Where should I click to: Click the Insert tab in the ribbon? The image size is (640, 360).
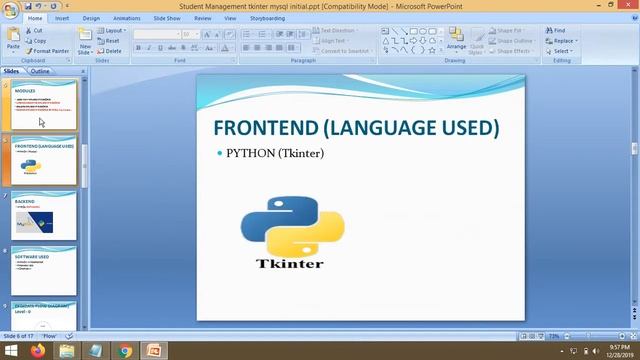click(x=62, y=18)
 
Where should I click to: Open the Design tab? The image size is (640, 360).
click(x=91, y=18)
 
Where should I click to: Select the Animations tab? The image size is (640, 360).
click(x=127, y=18)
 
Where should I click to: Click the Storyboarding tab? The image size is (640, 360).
click(x=267, y=18)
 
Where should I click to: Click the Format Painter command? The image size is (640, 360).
click(x=50, y=51)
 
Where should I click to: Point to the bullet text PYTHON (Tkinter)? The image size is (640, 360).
click(x=275, y=153)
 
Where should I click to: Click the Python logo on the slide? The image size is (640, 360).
click(x=292, y=226)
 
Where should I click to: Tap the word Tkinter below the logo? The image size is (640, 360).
click(x=290, y=264)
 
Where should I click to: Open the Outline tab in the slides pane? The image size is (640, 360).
click(x=40, y=72)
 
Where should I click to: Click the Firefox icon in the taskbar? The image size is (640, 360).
click(x=38, y=351)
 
